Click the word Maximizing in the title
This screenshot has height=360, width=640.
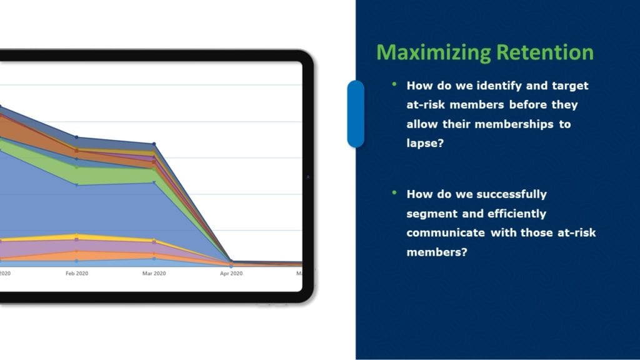point(434,53)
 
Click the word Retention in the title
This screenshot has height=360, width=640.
point(545,52)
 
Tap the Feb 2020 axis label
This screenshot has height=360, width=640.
point(77,274)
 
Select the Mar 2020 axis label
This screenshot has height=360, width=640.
point(154,274)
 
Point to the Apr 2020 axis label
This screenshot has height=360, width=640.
point(231,274)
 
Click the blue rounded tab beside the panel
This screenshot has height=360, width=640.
point(356,114)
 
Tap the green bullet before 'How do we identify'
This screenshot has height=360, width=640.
point(394,84)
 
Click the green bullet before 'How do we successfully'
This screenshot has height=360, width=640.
point(394,192)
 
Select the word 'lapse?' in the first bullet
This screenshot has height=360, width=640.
point(425,143)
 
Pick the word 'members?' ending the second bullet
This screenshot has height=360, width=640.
point(437,252)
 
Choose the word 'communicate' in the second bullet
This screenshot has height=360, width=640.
point(446,232)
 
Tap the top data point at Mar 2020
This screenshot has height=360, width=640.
point(154,144)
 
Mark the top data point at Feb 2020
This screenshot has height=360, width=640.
point(76,137)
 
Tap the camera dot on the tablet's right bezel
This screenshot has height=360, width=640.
point(308,177)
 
